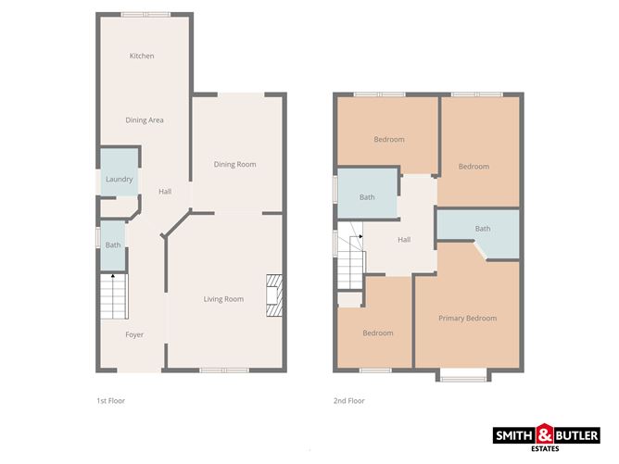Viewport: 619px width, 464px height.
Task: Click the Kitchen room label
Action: [x=142, y=56]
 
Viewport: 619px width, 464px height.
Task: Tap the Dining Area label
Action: [x=145, y=120]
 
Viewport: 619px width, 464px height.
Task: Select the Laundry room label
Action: [x=120, y=180]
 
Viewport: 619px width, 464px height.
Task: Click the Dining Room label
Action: [x=234, y=165]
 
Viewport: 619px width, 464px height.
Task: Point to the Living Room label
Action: [x=223, y=299]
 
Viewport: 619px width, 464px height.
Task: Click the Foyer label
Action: [x=134, y=334]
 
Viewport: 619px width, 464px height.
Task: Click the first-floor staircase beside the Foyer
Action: [x=113, y=299]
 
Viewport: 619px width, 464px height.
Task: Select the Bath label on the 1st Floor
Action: [x=113, y=245]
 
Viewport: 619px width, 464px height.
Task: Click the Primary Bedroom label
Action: [x=467, y=319]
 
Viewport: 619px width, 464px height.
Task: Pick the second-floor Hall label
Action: [x=404, y=241]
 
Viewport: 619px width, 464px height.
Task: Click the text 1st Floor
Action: [x=110, y=401]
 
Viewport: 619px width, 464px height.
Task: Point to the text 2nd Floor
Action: [x=349, y=401]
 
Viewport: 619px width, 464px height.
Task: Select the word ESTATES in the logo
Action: [x=546, y=449]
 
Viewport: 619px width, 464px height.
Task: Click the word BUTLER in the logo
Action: [x=576, y=433]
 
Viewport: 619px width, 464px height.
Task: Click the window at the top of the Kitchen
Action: [x=145, y=14]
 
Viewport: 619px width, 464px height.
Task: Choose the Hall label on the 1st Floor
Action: [x=165, y=192]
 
